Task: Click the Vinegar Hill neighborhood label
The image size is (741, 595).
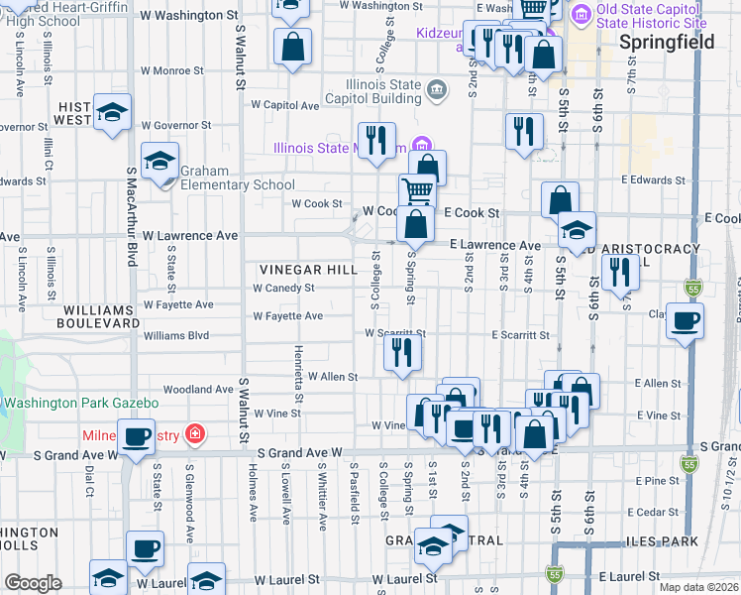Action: (308, 270)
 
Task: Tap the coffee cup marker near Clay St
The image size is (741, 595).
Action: (685, 322)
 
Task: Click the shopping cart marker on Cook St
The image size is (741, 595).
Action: (418, 192)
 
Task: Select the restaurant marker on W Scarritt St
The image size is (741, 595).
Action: (402, 351)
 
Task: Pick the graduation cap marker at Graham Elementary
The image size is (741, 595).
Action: (159, 163)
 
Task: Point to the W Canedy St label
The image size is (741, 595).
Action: (283, 289)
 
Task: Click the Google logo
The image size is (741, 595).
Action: (34, 583)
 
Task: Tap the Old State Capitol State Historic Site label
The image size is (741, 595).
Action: (652, 15)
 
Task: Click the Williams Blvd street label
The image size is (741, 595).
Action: (177, 336)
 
